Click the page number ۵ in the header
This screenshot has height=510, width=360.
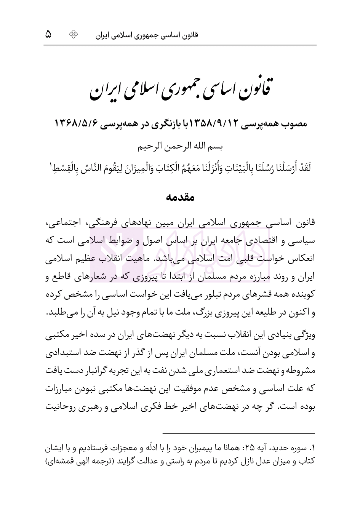[48, 35]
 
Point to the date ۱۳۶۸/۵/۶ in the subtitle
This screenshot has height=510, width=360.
[75, 124]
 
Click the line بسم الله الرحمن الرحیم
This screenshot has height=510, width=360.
[180, 146]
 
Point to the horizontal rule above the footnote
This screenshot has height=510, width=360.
[238, 433]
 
